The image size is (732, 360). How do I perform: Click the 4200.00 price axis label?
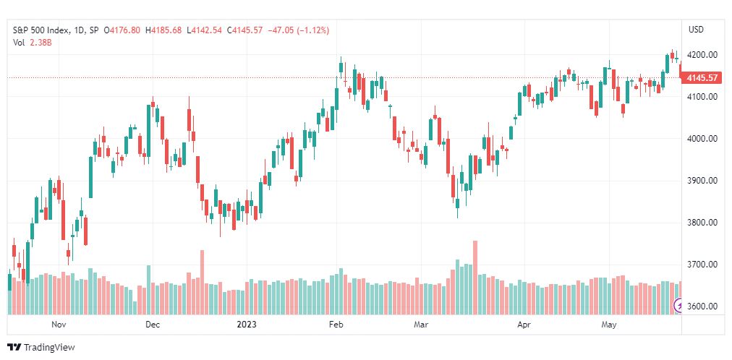(702, 54)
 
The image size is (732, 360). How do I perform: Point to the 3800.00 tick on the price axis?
(702, 223)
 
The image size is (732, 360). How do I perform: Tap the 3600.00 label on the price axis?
(702, 307)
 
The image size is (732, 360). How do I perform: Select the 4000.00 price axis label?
(702, 139)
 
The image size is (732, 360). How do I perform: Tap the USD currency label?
(696, 30)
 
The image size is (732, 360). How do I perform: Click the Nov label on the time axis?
(58, 324)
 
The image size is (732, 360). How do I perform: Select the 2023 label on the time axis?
(245, 324)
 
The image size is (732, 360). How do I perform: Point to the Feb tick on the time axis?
(336, 324)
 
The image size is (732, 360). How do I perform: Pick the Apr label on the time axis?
(524, 324)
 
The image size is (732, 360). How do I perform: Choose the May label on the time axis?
(609, 324)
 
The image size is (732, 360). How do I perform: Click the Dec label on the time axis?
(153, 324)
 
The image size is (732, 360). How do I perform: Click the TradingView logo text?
(49, 348)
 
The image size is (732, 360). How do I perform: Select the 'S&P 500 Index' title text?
(41, 30)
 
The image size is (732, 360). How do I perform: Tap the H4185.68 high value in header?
(163, 30)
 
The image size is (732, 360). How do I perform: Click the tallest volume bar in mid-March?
(474, 278)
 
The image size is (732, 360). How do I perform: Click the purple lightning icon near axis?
(678, 307)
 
